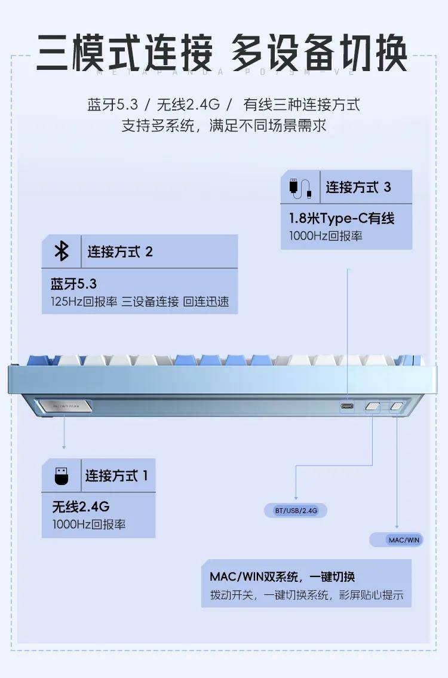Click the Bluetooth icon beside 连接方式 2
pos(62,251)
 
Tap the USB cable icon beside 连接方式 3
pos(300,187)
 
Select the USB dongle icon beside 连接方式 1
pos(62,476)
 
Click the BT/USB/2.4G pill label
pos(296,511)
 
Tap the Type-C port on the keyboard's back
pos(348,407)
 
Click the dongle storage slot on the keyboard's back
pos(65,407)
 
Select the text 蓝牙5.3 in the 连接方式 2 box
pos(73,283)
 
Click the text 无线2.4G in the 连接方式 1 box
pos(81,507)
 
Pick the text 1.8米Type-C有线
pos(342,218)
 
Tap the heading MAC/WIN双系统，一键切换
pos(282,576)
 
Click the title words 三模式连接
pos(124,53)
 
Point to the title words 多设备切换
pos(319,53)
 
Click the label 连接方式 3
pos(358,187)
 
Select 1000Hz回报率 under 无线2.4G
pos(88,525)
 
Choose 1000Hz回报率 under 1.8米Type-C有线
pos(326,236)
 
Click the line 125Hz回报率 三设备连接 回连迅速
pos(140,302)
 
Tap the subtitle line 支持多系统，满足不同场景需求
pos(224,126)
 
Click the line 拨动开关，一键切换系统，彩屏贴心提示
pos(306,595)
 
